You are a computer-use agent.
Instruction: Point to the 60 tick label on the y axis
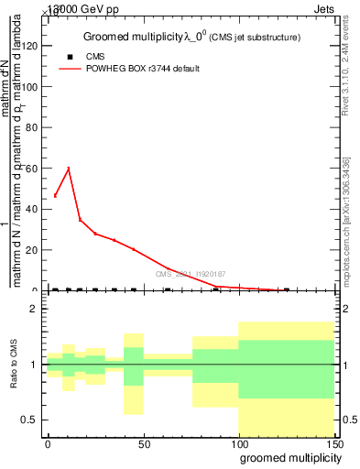[33, 169]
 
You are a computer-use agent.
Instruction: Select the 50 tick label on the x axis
[143, 442]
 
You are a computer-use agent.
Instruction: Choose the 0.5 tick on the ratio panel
[31, 420]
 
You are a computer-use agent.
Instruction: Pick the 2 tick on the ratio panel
[35, 310]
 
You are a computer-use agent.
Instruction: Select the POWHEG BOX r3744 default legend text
[143, 69]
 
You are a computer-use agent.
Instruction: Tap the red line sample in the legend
[69, 69]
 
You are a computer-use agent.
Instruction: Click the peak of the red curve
[69, 168]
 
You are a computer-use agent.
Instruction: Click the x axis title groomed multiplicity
[288, 456]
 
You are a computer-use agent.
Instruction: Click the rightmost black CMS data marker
[287, 289]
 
